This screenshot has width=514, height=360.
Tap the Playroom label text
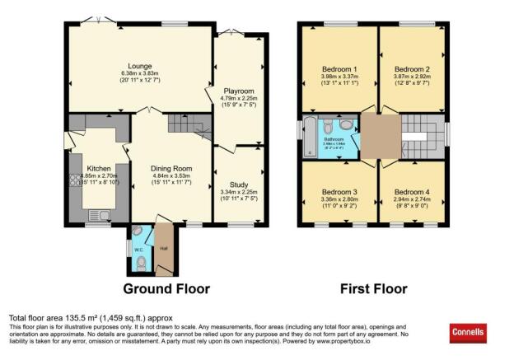237,91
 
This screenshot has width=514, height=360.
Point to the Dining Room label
171,169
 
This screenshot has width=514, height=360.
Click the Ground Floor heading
166,289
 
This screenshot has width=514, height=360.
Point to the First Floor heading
374,289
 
